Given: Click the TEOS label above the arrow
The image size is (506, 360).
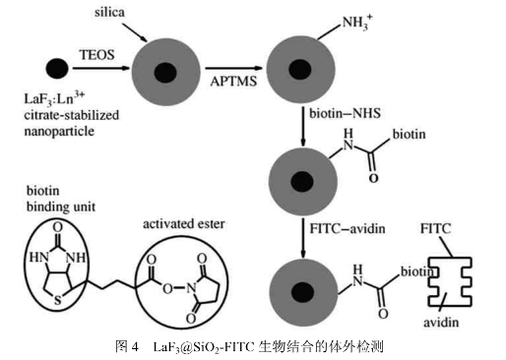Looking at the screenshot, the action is coord(96,55).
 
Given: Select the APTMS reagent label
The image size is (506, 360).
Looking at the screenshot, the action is coord(233,82).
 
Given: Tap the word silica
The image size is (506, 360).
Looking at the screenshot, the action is coord(109,13).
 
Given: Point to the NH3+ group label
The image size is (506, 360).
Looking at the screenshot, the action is coord(357,23).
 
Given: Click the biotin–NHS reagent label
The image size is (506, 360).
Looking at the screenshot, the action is coord(345,113).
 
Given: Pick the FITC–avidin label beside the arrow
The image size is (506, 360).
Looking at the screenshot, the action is coord(348,228).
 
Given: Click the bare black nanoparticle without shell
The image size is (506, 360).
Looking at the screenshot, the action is coord(57,69).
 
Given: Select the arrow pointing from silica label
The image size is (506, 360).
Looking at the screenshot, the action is coord(135,32).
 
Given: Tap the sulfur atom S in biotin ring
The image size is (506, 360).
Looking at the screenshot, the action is coord(58,300).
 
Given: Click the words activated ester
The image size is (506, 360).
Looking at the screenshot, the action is coord(184,224).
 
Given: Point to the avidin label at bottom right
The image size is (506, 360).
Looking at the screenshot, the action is coord(441,323).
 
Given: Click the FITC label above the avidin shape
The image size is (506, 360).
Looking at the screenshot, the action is coord(436,228).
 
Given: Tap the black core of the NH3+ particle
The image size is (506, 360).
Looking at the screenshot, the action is coord(299,69).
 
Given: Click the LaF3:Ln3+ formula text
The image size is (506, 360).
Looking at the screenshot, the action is coord(54,98).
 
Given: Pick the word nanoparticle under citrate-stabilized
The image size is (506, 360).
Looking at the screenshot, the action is coord(59,132).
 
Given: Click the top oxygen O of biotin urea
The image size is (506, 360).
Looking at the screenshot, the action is coord(57,227).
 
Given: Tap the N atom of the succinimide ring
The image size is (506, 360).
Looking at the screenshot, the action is coord(191,288).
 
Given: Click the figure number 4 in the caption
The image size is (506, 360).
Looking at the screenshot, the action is coord(135,346).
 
